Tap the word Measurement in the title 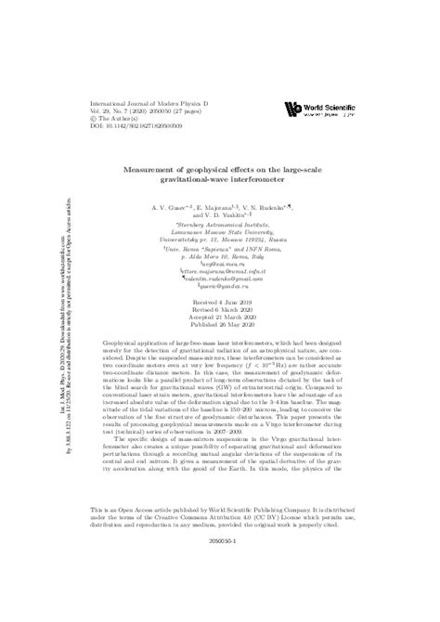click(162, 168)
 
